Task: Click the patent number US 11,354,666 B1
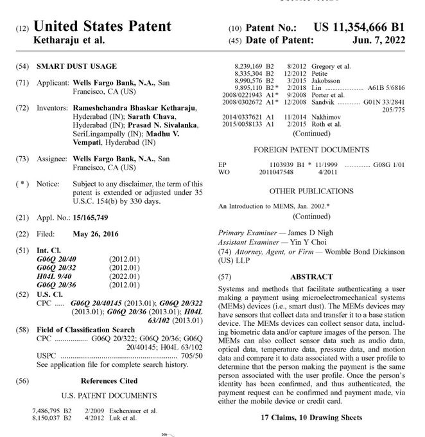(359, 26)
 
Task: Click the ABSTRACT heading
(311, 277)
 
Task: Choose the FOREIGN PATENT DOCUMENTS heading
(311, 149)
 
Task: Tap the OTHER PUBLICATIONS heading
(311, 190)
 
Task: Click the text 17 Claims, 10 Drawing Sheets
(311, 417)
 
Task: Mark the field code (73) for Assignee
(22, 158)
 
